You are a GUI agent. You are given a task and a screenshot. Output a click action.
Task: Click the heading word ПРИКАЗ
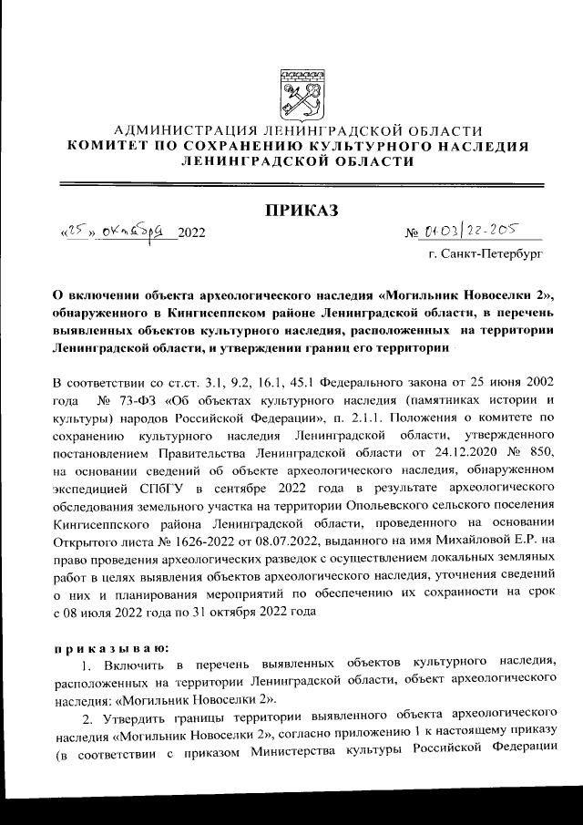[301, 212]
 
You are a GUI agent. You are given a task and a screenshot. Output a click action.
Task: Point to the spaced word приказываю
[112, 648]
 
